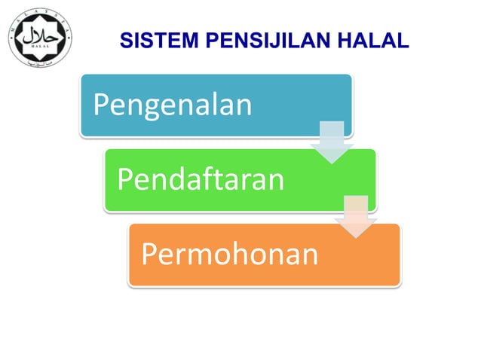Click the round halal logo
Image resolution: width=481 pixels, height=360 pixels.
[41, 38]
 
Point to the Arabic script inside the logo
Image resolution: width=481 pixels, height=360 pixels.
[41, 34]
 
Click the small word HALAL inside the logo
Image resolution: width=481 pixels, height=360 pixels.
[41, 47]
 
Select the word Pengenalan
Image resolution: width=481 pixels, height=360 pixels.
[173, 105]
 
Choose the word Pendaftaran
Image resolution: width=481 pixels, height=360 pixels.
[201, 180]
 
